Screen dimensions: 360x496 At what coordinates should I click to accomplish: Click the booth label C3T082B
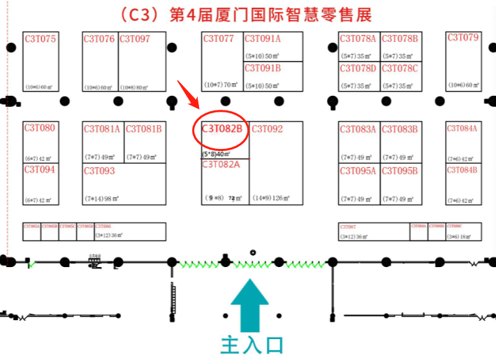coord(221,129)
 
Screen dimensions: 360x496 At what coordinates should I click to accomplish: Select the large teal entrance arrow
coord(249,304)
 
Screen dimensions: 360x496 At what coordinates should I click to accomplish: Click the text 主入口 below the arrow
coord(251,345)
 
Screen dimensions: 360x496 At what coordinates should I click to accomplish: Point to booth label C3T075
coord(40,39)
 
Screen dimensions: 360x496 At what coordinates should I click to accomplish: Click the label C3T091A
coord(262,39)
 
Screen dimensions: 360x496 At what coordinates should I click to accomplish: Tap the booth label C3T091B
coord(262,69)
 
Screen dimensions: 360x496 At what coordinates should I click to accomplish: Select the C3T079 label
coord(463,38)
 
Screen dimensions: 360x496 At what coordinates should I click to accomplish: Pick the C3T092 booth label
coord(268,129)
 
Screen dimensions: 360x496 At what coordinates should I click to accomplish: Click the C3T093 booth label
coord(99,171)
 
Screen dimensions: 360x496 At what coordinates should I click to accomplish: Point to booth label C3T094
coord(39,169)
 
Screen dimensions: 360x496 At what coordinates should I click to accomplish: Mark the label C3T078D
coord(358,69)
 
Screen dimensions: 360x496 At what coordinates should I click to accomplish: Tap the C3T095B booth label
coord(400,171)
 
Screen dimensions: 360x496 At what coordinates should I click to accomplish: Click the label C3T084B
coord(462,170)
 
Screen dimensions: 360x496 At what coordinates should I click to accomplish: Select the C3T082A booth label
coord(221,165)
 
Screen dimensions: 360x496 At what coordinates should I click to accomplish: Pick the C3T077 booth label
coord(219,39)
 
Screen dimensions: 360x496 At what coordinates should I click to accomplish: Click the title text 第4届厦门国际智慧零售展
coord(270,14)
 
